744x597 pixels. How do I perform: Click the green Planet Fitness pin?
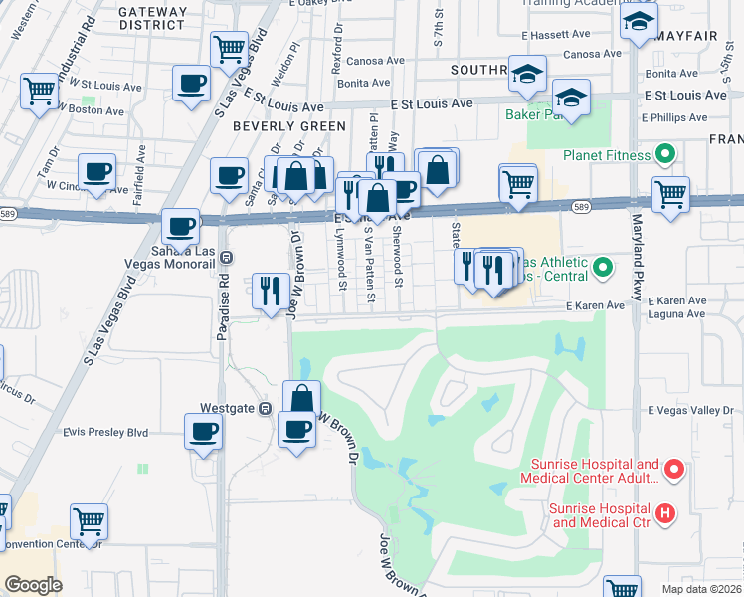tap(665, 155)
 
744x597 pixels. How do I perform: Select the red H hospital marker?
tap(665, 513)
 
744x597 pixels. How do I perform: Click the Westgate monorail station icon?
tap(265, 408)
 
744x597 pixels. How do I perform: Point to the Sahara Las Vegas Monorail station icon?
tap(227, 256)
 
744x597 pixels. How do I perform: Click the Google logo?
tap(32, 584)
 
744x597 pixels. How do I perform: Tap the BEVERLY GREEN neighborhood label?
tap(288, 126)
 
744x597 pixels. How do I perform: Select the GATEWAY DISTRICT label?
tap(152, 18)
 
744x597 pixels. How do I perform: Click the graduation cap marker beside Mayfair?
tap(638, 21)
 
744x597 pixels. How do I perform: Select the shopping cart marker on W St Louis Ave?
tap(39, 91)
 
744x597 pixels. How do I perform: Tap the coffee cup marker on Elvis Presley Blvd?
tap(203, 431)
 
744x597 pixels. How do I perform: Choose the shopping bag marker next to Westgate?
tap(301, 398)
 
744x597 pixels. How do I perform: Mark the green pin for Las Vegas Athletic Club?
tap(602, 267)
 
